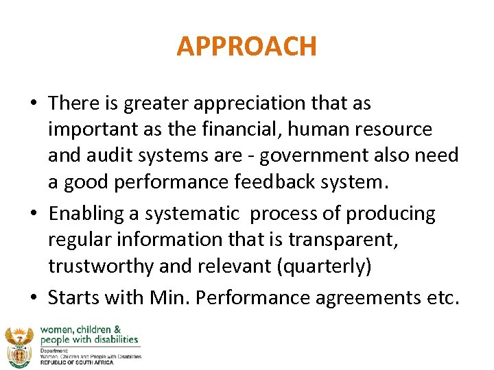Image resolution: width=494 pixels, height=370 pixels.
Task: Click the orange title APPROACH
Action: coord(246,47)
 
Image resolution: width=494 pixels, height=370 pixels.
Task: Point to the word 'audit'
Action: coord(115,156)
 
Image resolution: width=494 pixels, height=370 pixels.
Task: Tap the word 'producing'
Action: coord(390,214)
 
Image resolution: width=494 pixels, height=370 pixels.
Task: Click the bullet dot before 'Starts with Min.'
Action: coord(34,299)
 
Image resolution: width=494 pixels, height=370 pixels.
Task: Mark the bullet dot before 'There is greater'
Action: coord(34,104)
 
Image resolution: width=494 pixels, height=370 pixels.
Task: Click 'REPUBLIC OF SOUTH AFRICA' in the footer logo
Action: coord(78,361)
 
